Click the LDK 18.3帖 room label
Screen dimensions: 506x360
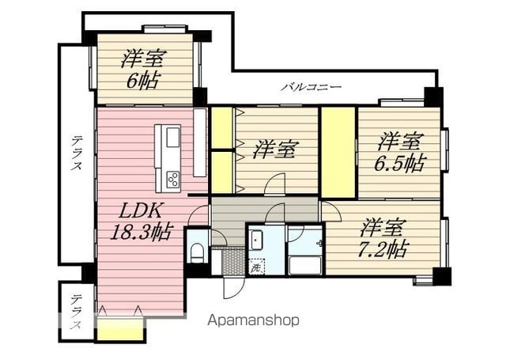click(142, 222)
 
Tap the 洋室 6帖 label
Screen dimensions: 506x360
click(143, 69)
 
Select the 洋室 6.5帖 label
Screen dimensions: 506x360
click(400, 152)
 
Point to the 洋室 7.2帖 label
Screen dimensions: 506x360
click(383, 237)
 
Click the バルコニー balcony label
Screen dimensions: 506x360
click(311, 87)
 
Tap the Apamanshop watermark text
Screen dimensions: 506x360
click(253, 320)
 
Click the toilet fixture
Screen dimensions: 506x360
click(197, 252)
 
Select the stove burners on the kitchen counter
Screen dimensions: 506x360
click(173, 180)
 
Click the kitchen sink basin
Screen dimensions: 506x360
click(173, 137)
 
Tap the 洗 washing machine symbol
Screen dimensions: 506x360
click(256, 267)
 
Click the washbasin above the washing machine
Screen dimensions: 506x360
click(256, 241)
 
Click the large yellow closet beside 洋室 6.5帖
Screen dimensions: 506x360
click(338, 152)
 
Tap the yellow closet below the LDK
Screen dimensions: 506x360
click(120, 329)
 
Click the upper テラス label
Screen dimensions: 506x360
click(77, 153)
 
